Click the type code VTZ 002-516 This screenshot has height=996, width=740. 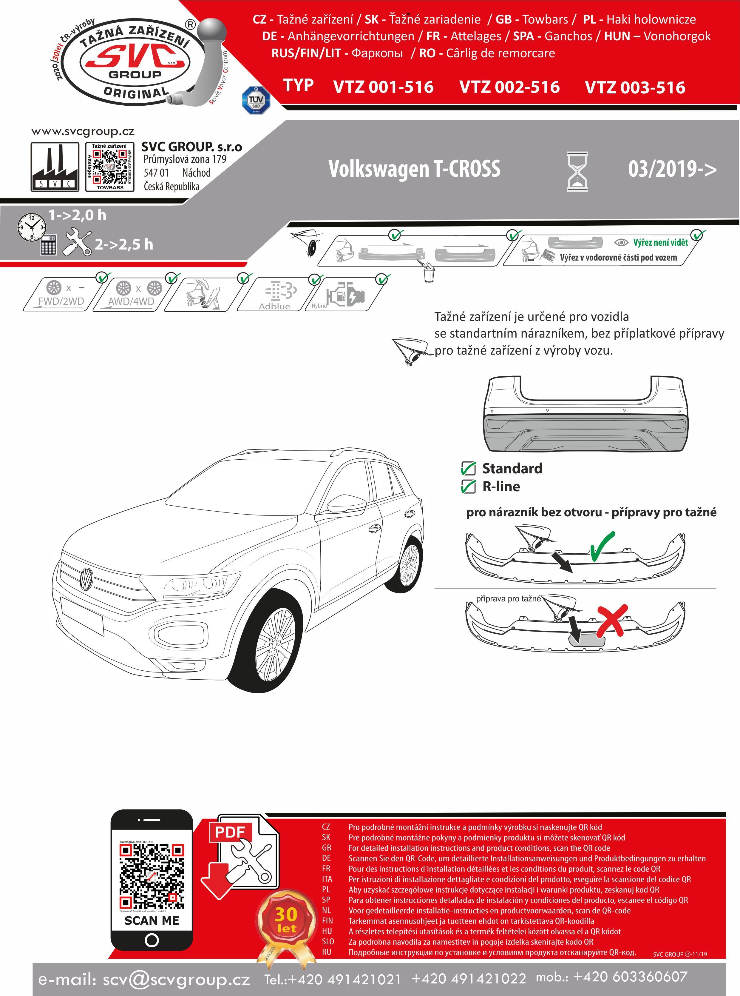tap(509, 87)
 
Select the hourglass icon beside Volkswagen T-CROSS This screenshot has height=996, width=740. tap(577, 172)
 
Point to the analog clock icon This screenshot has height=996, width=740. tap(31, 227)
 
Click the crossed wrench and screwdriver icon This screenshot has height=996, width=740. tap(77, 242)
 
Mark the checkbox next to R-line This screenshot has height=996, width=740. tap(468, 486)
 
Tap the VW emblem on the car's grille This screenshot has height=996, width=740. tap(86, 579)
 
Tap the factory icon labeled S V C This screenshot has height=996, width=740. tap(55, 167)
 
